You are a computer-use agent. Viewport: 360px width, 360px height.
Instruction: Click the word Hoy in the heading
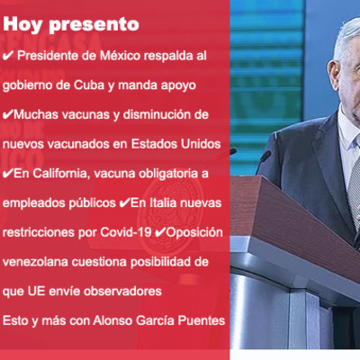coord(22,24)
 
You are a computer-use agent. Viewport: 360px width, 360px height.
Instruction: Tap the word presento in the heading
coord(94,25)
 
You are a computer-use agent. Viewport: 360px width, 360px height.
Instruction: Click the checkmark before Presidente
coord(8,56)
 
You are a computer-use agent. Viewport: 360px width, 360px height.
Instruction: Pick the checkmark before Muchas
coord(8,114)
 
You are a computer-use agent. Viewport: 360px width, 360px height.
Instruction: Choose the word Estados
coord(154,144)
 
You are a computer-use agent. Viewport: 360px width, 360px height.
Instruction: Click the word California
coord(59,174)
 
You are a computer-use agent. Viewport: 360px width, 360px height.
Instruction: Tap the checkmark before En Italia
coord(124,202)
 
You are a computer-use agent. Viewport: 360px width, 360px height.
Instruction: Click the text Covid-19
coord(126,232)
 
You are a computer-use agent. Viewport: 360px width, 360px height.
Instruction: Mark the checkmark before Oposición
coord(160,232)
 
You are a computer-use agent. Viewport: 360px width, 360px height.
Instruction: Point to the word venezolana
coord(35,262)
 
